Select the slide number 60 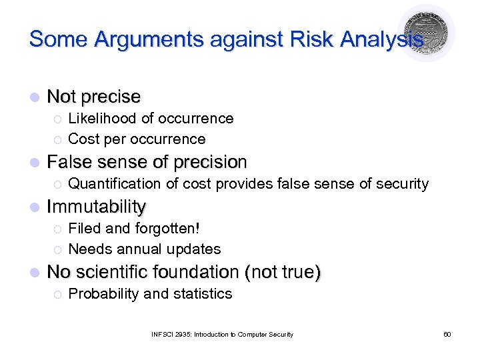click(x=447, y=334)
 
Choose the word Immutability click(x=97, y=207)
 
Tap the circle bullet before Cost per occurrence click(x=57, y=139)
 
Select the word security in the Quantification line click(x=403, y=184)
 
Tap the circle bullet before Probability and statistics click(x=57, y=294)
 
